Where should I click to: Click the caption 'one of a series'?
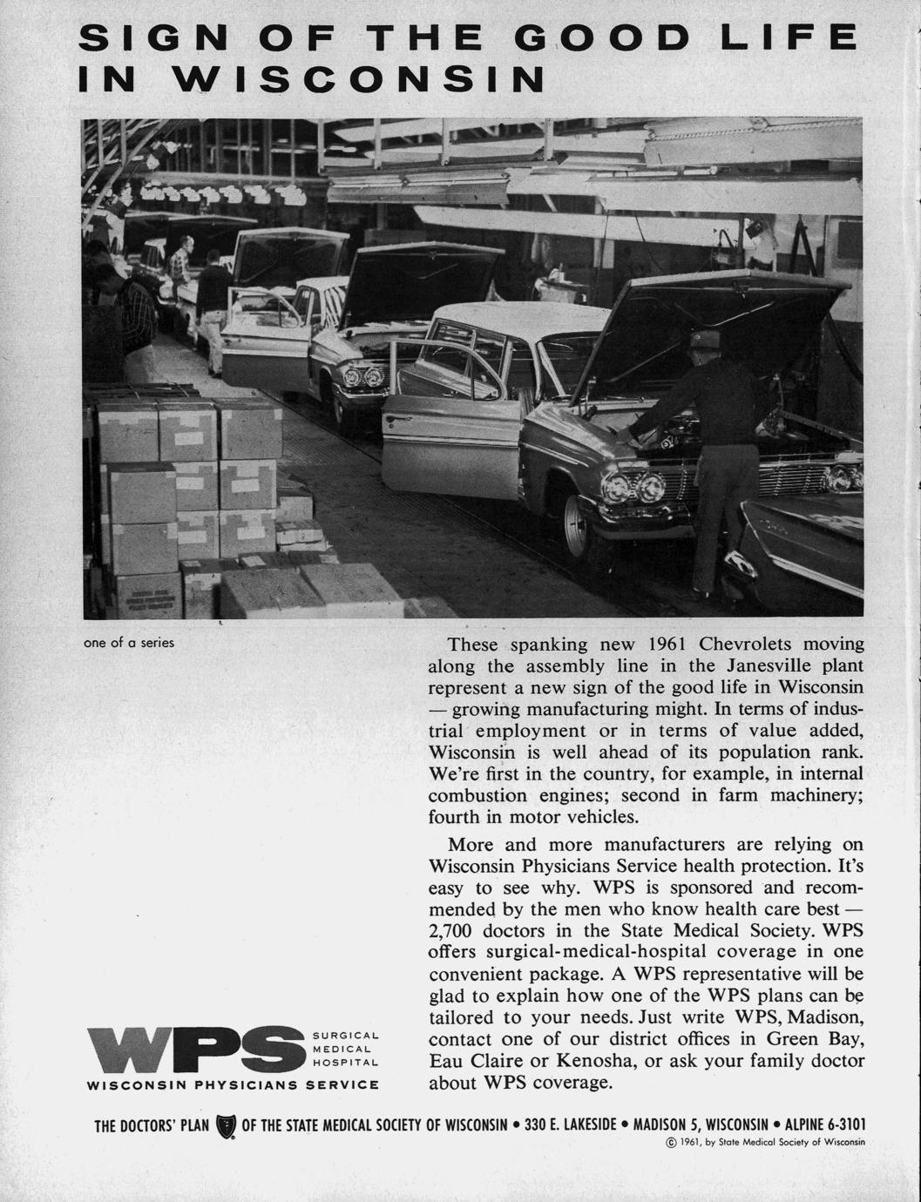coord(129,644)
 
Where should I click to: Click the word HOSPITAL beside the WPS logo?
coord(345,1063)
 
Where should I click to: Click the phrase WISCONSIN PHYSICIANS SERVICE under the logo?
coord(234,1085)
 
